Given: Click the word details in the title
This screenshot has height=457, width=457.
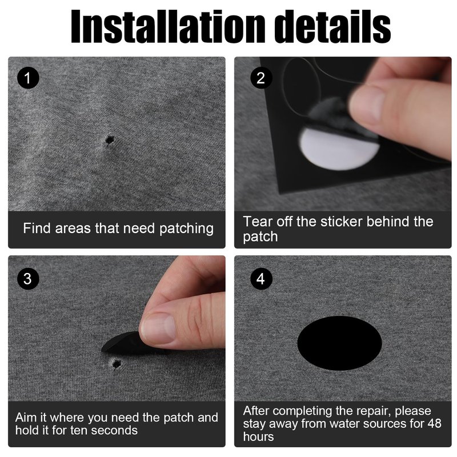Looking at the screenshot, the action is [332, 26].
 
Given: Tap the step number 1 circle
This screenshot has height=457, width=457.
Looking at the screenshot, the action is [28, 78].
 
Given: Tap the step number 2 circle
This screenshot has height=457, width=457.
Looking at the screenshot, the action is [261, 78].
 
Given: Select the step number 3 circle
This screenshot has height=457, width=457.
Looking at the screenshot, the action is [28, 279].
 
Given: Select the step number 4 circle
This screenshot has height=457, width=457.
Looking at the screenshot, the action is [261, 279].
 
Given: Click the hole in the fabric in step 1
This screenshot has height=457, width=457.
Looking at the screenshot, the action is [110, 139].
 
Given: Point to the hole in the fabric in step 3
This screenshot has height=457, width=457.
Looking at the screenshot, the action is [117, 364].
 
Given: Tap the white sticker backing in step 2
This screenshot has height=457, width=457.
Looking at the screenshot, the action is [338, 149].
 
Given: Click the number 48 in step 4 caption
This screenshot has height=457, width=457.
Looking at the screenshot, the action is [435, 423].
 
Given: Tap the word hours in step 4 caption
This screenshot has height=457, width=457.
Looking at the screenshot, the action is [259, 436].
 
